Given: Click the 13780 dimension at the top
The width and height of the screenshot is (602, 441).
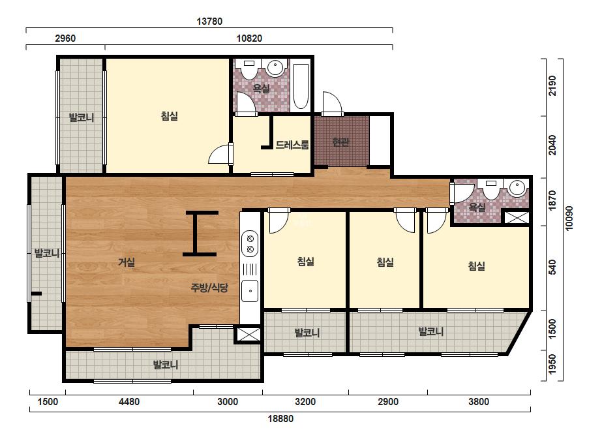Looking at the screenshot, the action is point(209,21).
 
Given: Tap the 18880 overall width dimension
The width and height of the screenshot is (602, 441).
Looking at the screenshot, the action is point(280,418).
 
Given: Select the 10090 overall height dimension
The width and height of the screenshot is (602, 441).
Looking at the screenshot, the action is point(569,218).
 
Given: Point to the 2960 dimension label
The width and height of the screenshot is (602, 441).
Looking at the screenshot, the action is point(65,38).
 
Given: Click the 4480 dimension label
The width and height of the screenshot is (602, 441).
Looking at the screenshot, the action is point(129,402).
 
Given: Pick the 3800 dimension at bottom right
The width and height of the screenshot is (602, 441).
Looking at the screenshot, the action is point(478,402).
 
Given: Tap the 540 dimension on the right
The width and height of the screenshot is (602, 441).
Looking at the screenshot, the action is point(552,267).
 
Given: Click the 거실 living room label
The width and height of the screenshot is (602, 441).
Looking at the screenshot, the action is point(127,262).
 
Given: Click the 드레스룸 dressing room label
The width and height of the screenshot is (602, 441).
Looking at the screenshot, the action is point(292,145).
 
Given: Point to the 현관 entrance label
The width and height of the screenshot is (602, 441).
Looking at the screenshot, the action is point(341,142).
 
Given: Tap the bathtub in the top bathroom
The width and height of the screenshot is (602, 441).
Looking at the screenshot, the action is point(301,86).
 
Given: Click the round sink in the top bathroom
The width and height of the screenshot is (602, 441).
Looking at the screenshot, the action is point(275,68).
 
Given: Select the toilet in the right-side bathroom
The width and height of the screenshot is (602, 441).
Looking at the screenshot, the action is point(490,189).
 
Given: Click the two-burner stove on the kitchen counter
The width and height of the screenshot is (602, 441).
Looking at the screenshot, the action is point(250,243).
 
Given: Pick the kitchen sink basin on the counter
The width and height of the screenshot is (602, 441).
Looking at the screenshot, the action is point(250,291).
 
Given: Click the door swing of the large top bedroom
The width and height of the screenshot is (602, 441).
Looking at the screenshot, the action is point(220,155).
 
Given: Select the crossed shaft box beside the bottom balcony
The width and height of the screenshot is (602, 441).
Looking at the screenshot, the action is point(248,334).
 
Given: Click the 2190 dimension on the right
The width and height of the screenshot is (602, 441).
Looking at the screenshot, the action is point(552,85).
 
